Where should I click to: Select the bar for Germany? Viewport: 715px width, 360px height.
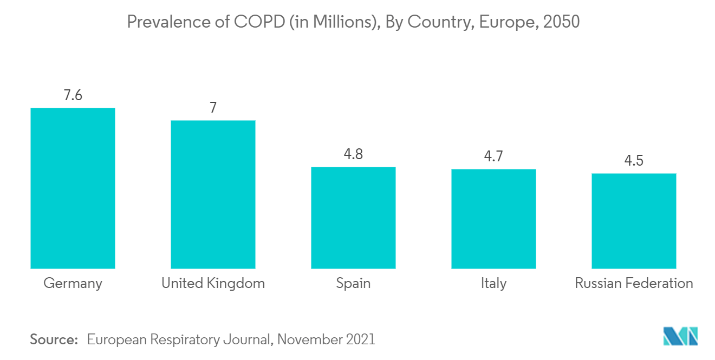click(73, 188)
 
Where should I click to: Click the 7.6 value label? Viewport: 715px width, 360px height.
click(73, 96)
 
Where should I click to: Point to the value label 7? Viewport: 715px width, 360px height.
click(213, 108)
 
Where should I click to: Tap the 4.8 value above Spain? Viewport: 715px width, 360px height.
click(353, 154)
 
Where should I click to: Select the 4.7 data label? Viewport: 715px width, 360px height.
click(493, 157)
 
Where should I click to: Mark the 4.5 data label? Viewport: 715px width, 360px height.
click(634, 161)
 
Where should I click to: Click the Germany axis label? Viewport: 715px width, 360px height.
click(73, 283)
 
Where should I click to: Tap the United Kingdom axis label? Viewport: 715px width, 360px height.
click(213, 283)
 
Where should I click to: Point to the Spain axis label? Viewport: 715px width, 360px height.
click(353, 283)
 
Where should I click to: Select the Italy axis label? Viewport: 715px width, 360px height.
click(493, 283)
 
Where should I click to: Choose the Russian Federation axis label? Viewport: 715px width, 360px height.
click(634, 283)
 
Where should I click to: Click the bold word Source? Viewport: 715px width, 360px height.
click(54, 339)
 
